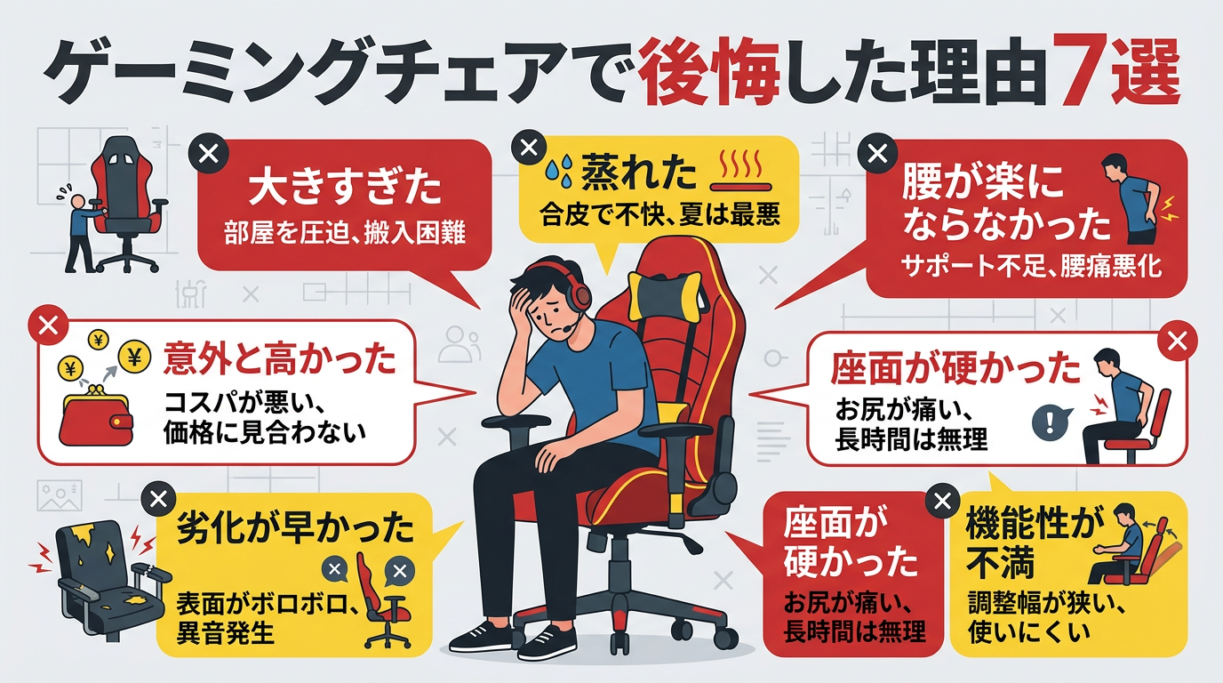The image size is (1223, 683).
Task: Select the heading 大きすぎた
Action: coord(345,188)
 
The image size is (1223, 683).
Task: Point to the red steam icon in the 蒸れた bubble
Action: coord(741,170)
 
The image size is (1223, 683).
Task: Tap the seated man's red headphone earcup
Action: coord(579,294)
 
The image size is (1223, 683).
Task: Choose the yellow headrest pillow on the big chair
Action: coord(664,295)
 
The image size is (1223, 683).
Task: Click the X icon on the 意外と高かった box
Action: coord(48,325)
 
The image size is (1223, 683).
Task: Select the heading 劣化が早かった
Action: coord(295,528)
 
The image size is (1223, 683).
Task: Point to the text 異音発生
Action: coord(224,634)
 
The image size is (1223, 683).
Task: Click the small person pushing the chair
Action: coord(80,229)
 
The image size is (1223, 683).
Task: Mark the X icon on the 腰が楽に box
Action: coord(877,154)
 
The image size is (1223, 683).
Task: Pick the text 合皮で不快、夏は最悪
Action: coord(660,216)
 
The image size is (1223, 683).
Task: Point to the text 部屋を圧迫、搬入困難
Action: coord(345,233)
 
